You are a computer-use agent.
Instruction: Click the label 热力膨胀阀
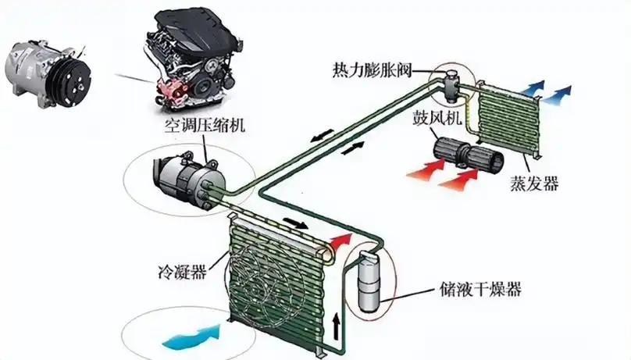pyautogui.click(x=372, y=71)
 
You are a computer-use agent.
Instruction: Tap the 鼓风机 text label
pyautogui.click(x=437, y=118)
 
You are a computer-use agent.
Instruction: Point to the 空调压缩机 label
pyautogui.click(x=205, y=125)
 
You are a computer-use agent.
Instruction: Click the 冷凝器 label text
pyautogui.click(x=182, y=273)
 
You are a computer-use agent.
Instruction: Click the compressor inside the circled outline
pyautogui.click(x=188, y=182)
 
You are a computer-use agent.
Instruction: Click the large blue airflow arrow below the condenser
pyautogui.click(x=192, y=337)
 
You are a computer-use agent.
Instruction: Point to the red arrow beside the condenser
pyautogui.click(x=340, y=241)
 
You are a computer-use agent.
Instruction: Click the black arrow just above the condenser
pyautogui.click(x=296, y=223)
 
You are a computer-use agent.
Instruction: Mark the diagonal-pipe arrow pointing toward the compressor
pyautogui.click(x=322, y=136)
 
